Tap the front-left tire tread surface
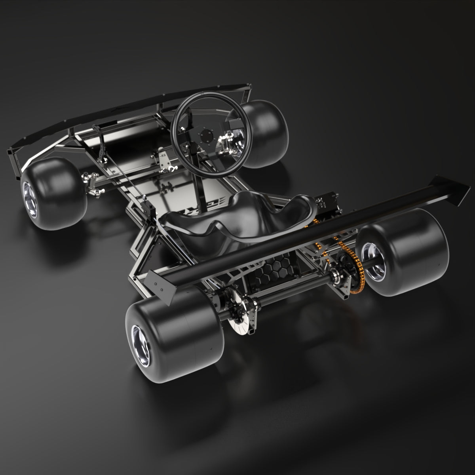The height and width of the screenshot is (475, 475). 59,186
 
